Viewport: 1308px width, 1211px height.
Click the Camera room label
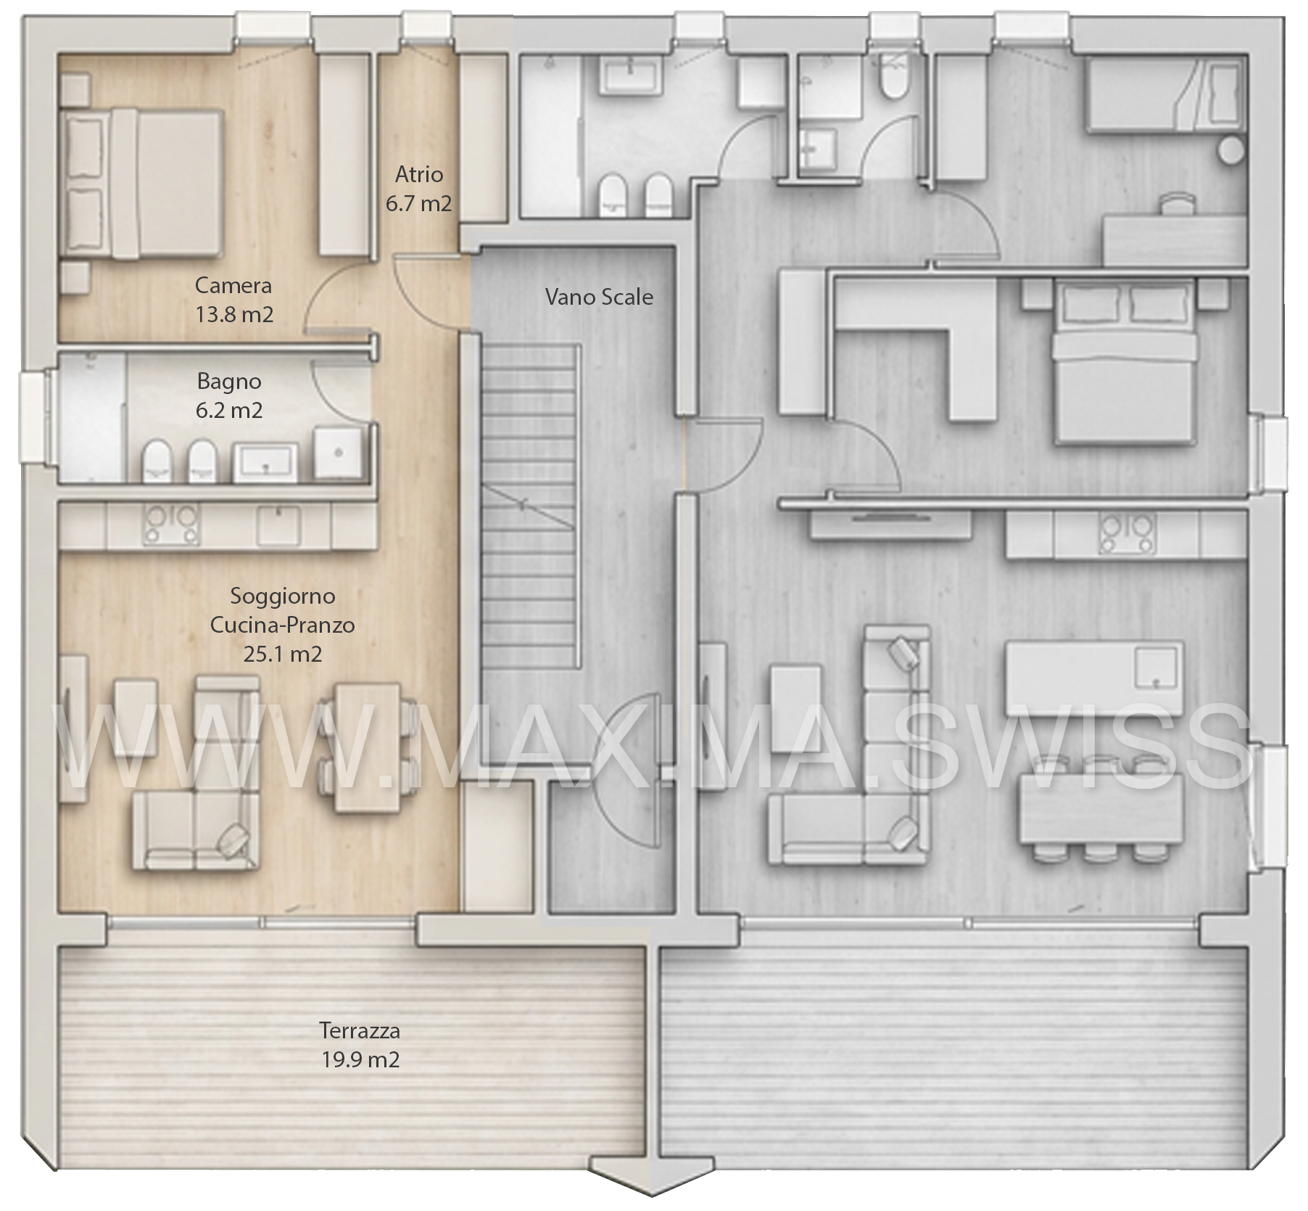pyautogui.click(x=233, y=285)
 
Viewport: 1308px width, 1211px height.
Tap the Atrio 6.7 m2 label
pyautogui.click(x=419, y=189)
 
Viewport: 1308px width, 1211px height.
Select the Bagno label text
pyautogui.click(x=229, y=382)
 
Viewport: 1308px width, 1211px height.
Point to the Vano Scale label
pyautogui.click(x=599, y=297)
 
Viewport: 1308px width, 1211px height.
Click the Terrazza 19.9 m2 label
pyautogui.click(x=360, y=1045)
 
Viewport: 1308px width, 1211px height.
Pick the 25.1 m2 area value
pyautogui.click(x=283, y=654)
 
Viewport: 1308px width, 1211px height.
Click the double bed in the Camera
pyautogui.click(x=142, y=184)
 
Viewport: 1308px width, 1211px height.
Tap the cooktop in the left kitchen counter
pyautogui.click(x=172, y=525)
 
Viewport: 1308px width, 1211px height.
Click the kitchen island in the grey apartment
pyautogui.click(x=1095, y=678)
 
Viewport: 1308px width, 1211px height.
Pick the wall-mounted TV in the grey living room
pyautogui.click(x=890, y=518)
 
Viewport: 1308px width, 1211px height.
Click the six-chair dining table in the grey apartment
pyautogui.click(x=1101, y=808)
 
